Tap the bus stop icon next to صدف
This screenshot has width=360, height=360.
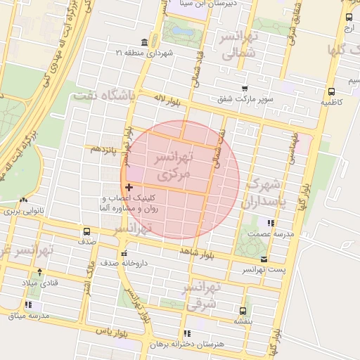point(86,231)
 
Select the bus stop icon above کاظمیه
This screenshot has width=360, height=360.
point(330,91)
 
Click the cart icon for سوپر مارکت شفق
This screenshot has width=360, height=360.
point(243,89)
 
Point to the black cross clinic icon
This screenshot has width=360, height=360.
point(128,187)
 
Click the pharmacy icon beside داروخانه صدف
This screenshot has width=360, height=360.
point(124,254)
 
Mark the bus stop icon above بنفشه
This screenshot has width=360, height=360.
point(243,310)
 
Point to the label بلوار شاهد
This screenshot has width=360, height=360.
point(196,251)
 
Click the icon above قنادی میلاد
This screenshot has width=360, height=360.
point(39,271)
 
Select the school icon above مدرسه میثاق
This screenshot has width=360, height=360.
point(28,305)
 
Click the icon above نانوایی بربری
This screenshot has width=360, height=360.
point(25,200)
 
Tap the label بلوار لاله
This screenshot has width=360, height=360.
point(169,102)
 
